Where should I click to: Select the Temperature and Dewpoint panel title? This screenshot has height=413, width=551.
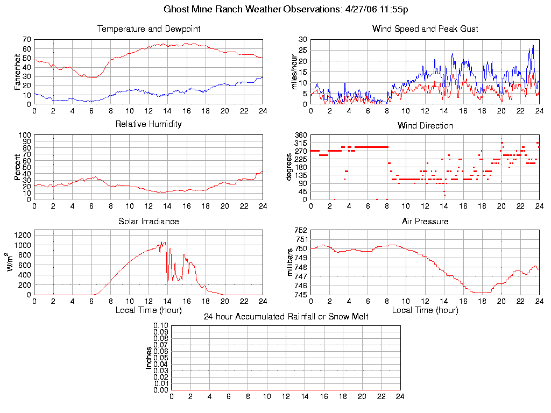149,29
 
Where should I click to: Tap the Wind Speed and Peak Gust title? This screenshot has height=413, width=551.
425,29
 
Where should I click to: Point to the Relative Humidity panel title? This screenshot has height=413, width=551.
149,124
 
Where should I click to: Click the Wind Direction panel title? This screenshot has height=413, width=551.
425,126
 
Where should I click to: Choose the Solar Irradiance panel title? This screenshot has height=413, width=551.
149,221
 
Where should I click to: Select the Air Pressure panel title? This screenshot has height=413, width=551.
425,221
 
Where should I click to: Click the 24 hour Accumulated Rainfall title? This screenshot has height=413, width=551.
286,317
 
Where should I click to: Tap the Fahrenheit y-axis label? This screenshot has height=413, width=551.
18,72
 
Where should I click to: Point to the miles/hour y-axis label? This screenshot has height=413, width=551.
294,72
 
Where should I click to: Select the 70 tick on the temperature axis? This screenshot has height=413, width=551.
26,40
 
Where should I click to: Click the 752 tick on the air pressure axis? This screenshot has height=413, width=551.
301,231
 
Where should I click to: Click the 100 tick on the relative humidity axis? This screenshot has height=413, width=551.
25,135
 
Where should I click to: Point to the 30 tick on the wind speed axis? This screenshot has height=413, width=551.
303,40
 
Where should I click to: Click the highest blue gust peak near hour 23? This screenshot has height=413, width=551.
533,45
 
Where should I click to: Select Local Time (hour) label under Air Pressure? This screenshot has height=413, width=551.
425,310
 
